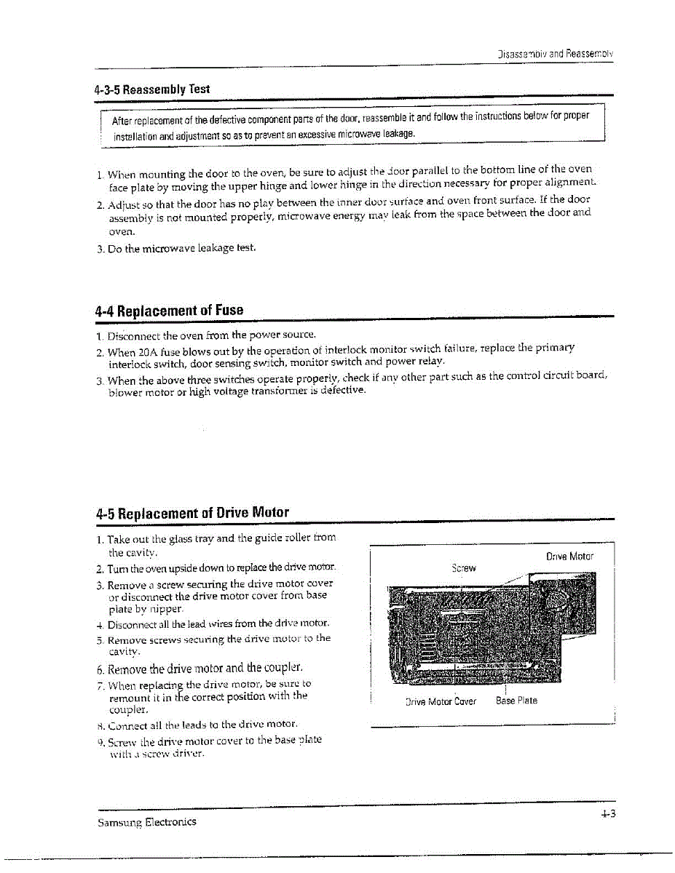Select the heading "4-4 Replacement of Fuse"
169,310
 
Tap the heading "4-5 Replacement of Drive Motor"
192,512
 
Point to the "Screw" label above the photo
463,567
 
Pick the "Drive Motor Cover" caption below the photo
441,701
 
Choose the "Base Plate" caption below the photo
516,701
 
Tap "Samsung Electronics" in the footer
146,822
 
